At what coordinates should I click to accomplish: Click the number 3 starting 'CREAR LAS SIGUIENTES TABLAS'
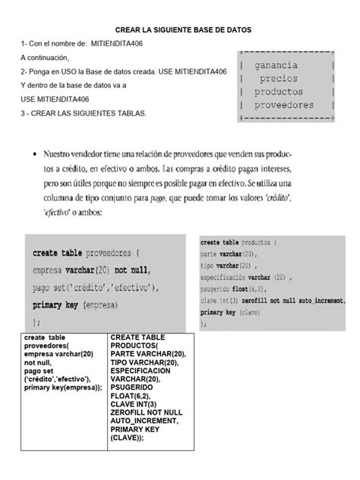[x=23, y=113]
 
